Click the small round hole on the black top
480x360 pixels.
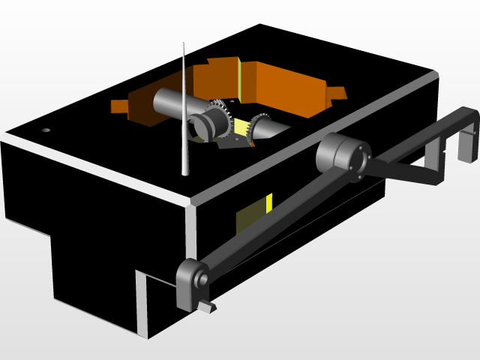tap(46, 130)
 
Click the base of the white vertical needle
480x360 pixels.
tap(185, 173)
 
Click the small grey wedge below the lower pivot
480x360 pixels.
tap(208, 307)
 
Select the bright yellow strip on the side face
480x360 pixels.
tap(268, 202)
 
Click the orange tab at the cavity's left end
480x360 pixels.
tap(120, 106)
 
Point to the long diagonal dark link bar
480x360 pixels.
tap(277, 221)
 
